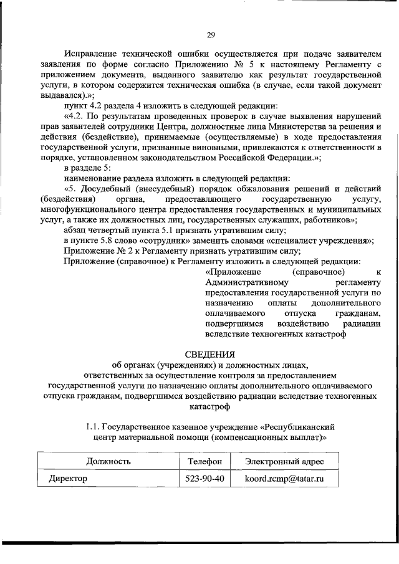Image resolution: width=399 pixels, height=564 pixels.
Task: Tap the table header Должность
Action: click(x=108, y=461)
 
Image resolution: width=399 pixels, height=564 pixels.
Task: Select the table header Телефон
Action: click(x=204, y=461)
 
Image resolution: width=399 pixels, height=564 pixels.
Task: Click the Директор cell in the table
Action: click(x=68, y=478)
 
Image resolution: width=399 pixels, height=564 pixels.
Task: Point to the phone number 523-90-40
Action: click(x=204, y=478)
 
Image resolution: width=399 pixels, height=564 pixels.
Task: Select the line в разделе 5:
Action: click(x=87, y=168)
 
